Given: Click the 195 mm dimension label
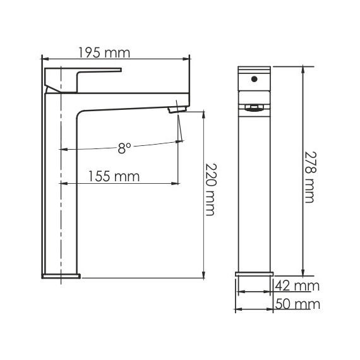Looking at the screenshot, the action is [104, 53].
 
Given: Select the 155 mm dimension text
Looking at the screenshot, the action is [114, 176].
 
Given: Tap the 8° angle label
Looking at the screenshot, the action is [124, 148].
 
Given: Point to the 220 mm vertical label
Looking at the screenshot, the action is [210, 189].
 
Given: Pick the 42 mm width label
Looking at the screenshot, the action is [297, 286].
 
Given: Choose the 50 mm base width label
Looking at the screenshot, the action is [297, 304].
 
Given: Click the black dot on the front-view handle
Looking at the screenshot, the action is [254, 79].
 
